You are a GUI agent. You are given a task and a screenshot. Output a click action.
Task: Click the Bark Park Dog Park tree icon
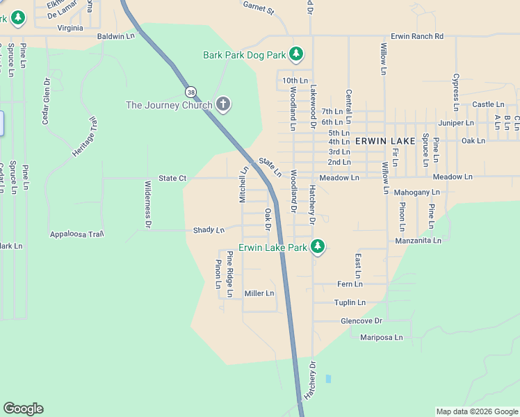coord(296,54)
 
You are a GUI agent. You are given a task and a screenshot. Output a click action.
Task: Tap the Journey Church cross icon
coord(223,105)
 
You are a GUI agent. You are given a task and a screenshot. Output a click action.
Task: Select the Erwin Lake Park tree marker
coord(318,247)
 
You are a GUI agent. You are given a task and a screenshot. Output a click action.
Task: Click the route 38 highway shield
coord(190,92)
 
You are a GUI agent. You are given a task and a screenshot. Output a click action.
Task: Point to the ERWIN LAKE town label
coord(385,140)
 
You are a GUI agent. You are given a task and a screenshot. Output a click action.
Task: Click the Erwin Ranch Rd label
coord(416,36)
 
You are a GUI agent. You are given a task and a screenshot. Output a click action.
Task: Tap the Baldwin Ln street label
coord(115,35)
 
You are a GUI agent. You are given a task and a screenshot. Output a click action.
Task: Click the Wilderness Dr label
coord(147,204)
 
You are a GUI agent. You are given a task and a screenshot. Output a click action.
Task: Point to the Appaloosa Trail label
coord(76,234)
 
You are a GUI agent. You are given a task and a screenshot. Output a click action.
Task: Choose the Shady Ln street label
coord(209,230)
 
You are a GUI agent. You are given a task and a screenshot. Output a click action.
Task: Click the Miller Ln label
coord(259,293)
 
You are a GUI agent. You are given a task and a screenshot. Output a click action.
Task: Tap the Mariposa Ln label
coord(381,337)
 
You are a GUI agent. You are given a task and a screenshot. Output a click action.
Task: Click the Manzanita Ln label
coord(418,240)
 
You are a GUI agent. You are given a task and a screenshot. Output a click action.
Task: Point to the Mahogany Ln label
coord(416,192)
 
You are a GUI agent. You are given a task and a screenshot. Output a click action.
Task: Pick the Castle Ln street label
coord(488,104)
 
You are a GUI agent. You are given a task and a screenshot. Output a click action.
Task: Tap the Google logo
coord(23,409)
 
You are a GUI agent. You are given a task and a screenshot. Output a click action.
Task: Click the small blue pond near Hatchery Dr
coord(328,379)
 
